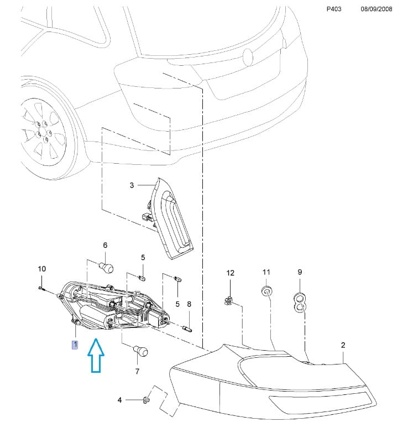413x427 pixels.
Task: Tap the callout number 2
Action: pyautogui.click(x=343, y=345)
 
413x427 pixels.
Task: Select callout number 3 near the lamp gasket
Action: pyautogui.click(x=132, y=185)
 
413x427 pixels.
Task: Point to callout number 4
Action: pyautogui.click(x=119, y=399)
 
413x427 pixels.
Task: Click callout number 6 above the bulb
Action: pyautogui.click(x=105, y=245)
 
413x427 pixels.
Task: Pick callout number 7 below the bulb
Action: pyautogui.click(x=137, y=371)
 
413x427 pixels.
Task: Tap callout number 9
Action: pyautogui.click(x=300, y=272)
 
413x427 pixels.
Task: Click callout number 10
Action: pyautogui.click(x=41, y=269)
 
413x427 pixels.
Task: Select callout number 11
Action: pyautogui.click(x=266, y=272)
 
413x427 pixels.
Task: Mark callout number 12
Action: pyautogui.click(x=231, y=273)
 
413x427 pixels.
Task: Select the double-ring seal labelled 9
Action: pyautogui.click(x=299, y=301)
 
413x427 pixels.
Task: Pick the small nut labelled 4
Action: pyautogui.click(x=146, y=399)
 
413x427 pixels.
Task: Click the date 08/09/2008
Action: pyautogui.click(x=377, y=10)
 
